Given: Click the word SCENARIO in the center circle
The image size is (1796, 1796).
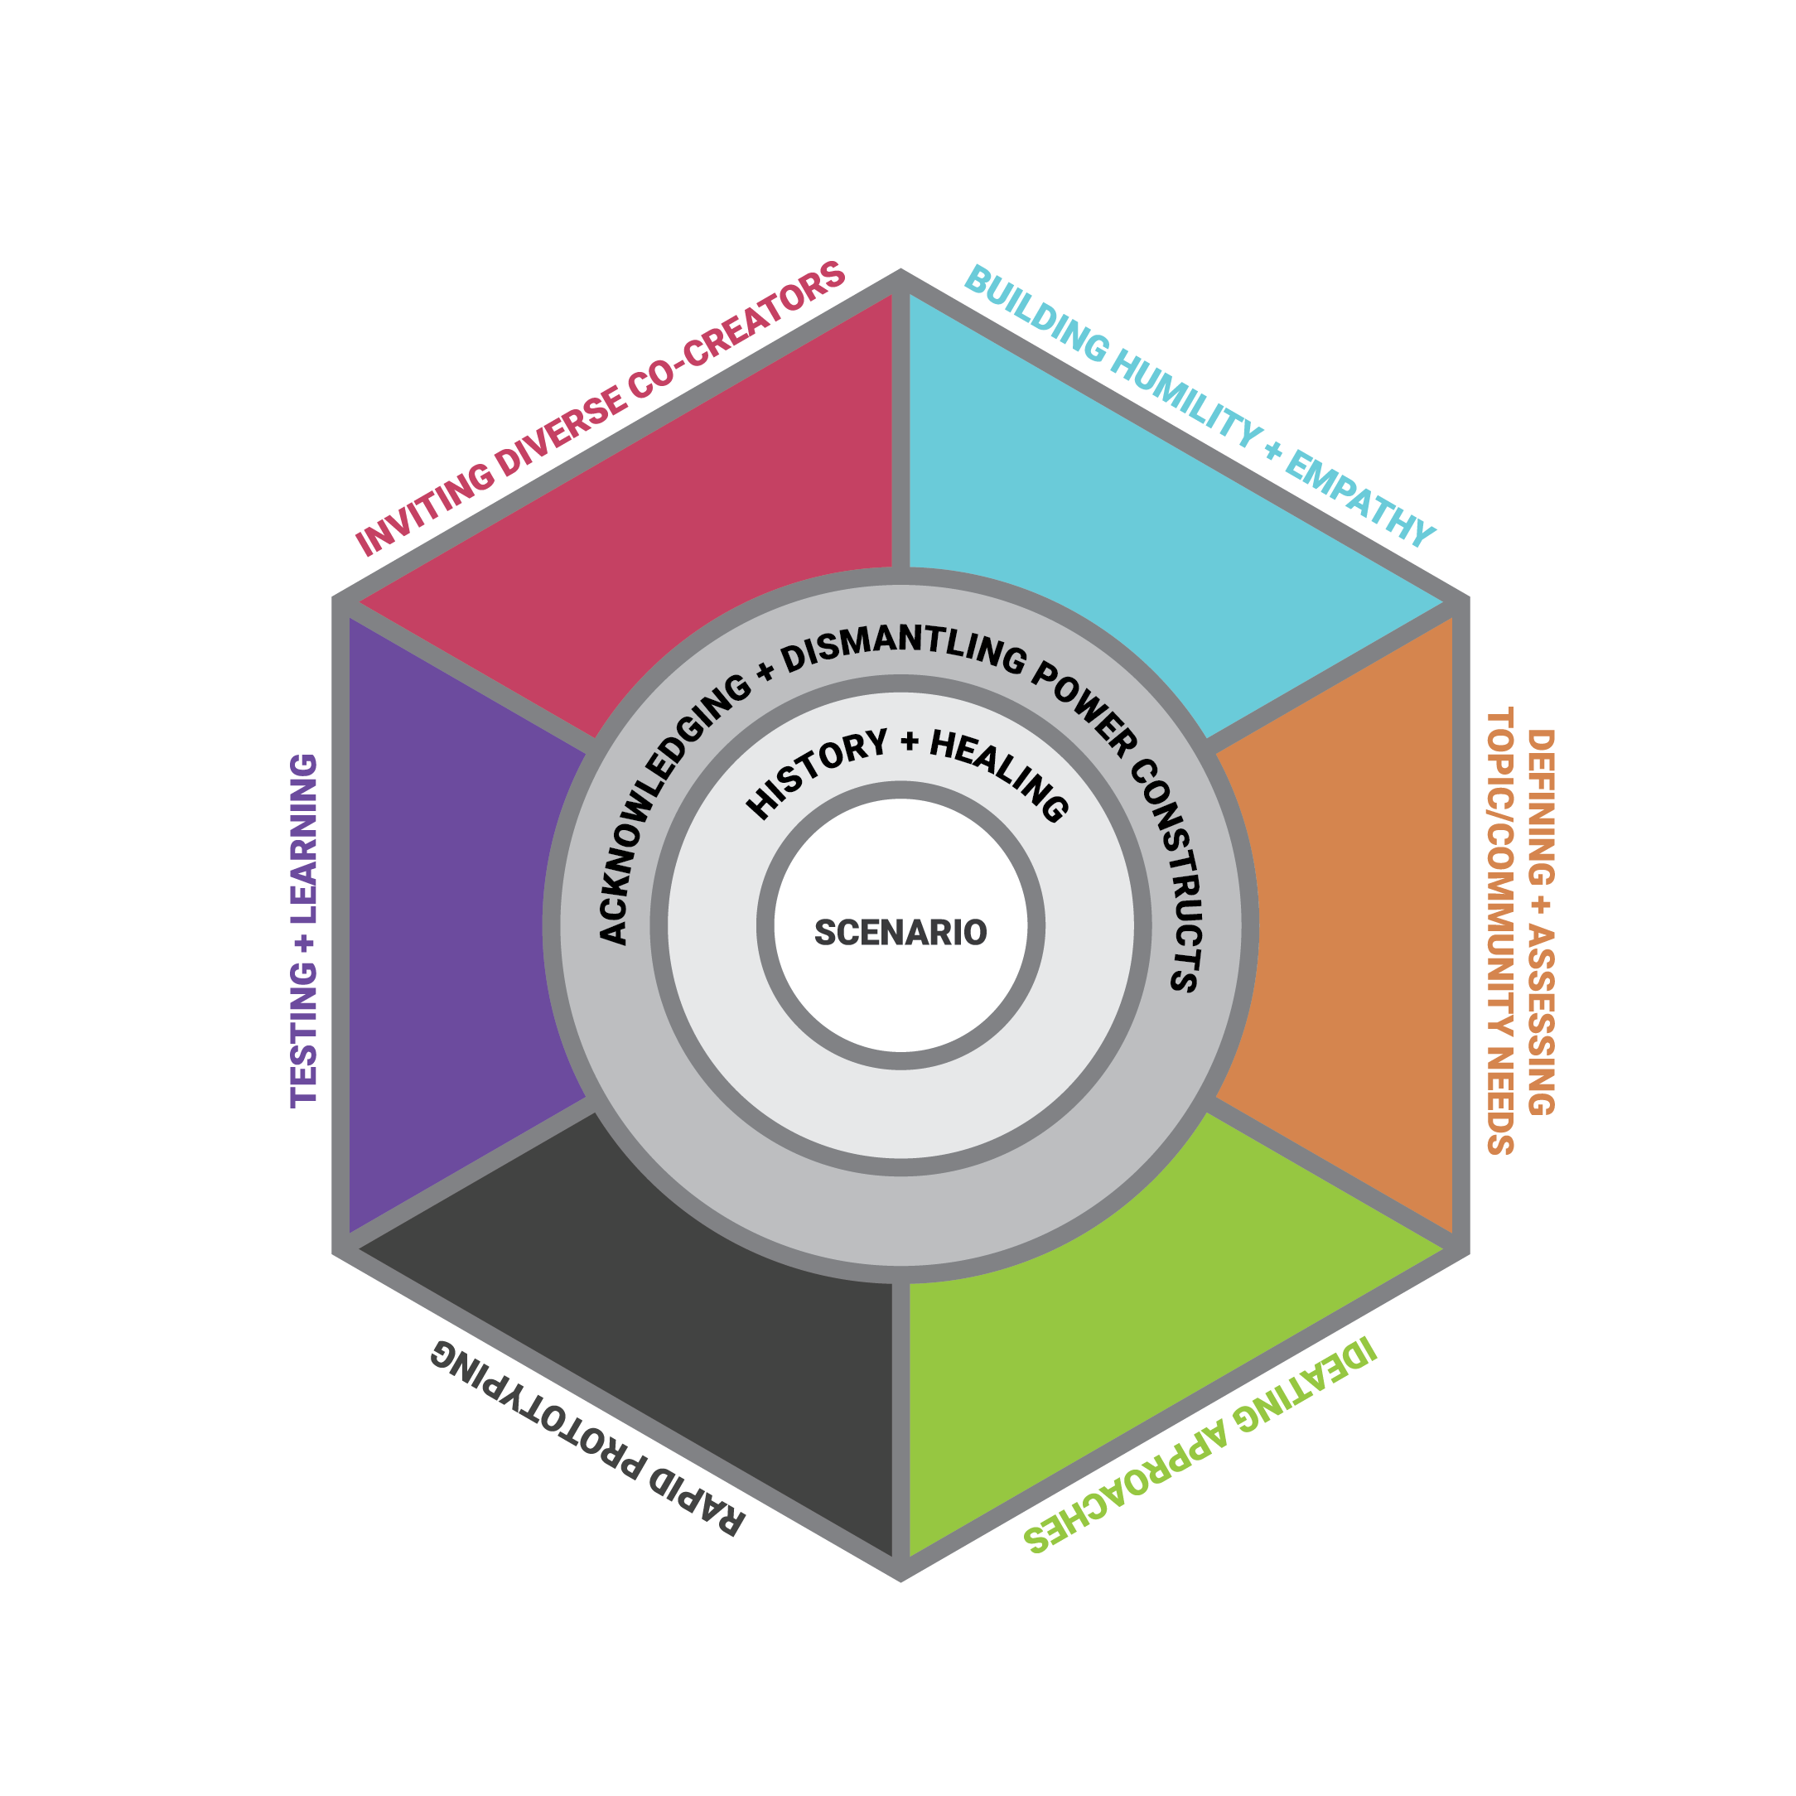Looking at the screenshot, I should coord(900,933).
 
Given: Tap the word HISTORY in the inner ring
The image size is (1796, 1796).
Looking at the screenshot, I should coord(816,774).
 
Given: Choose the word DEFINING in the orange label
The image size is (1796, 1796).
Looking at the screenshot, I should coord(1540,808).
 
